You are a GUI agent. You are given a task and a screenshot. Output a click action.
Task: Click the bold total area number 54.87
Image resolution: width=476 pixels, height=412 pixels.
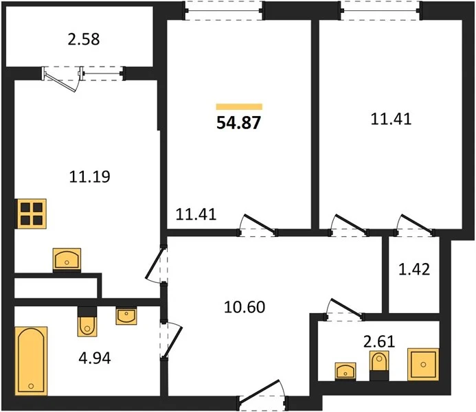pos(238,123)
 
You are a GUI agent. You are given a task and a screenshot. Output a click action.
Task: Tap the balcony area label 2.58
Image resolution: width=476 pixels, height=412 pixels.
pos(84,40)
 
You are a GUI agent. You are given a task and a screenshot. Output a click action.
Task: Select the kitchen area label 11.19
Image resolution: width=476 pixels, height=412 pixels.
pos(89,176)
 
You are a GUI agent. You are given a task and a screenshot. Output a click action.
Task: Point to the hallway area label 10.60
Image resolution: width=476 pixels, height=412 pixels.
pos(245,307)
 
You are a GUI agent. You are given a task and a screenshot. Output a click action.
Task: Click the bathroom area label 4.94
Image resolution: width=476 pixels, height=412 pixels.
pos(95,358)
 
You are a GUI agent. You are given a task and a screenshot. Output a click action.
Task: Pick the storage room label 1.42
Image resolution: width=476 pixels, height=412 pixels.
pos(414,269)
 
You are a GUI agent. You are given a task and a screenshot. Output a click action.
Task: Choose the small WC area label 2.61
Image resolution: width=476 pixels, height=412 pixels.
pos(379,341)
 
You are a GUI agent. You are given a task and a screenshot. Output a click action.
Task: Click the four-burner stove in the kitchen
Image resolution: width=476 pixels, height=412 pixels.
pos(32,214)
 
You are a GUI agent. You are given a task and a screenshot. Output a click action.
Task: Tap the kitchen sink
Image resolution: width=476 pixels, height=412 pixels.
pos(67,260)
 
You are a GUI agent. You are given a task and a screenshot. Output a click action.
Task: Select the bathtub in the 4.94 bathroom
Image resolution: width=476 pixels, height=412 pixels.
pos(32,361)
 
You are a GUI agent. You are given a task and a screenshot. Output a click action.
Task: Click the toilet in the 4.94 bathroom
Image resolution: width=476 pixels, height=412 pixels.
pos(87,322)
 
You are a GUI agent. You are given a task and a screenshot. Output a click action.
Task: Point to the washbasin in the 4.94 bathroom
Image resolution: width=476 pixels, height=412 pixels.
pos(126,315)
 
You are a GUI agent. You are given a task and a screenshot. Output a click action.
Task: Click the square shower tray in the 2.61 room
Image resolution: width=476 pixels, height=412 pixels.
pos(423,365)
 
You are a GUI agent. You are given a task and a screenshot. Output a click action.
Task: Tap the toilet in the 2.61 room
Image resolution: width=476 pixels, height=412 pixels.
pos(379,365)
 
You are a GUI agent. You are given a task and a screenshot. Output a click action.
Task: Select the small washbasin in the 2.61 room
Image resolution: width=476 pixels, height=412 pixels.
pos(345,371)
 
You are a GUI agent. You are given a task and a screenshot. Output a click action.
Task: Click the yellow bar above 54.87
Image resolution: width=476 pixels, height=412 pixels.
pos(239,106)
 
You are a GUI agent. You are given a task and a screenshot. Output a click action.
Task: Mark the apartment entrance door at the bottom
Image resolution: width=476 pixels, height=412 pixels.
pos(262,393)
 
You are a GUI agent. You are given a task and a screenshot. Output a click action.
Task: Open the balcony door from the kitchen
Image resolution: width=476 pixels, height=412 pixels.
pos(63,78)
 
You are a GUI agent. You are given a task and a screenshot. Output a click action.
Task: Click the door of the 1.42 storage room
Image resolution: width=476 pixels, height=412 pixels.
pos(415,225)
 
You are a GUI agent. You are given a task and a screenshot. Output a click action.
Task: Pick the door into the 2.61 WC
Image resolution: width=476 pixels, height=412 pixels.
pos(344,310)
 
